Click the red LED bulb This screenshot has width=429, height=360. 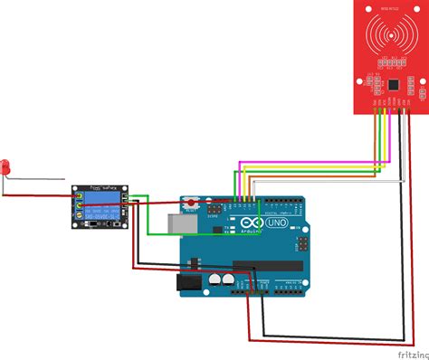tap(6, 168)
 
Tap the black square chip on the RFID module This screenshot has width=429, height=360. tap(396, 81)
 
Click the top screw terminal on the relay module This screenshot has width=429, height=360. tap(81, 196)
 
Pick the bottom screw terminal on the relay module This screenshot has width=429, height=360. tap(81, 217)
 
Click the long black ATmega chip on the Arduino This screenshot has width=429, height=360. tap(268, 266)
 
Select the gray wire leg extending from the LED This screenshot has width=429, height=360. tap(36, 178)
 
